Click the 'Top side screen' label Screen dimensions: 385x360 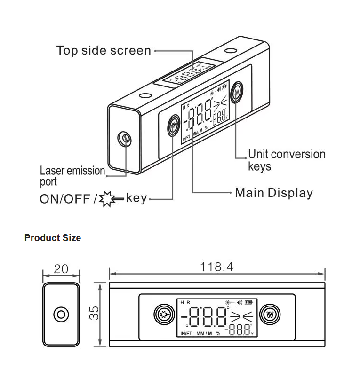tap(104, 50)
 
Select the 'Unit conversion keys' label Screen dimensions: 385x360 tap(286, 160)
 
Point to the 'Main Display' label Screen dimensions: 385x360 tap(273, 193)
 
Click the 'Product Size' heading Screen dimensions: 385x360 tap(52, 238)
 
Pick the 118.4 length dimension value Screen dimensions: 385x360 tap(216, 267)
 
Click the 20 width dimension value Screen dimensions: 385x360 tap(61, 269)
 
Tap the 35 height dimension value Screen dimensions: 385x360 tap(95, 314)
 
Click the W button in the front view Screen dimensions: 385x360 tap(270, 314)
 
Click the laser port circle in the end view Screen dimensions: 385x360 tap(61, 314)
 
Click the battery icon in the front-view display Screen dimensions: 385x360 tap(248, 302)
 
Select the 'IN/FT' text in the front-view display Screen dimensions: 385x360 tap(186, 333)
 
